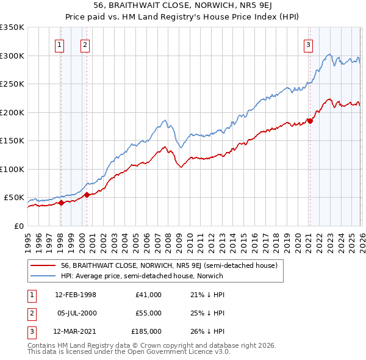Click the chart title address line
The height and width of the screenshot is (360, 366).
(182, 5)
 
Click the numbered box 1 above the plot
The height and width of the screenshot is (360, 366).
(60, 44)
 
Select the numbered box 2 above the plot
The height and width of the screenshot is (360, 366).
(85, 44)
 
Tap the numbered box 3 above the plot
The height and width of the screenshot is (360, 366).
(309, 44)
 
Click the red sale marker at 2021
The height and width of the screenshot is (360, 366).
(310, 121)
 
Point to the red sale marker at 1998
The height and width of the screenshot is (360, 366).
(61, 203)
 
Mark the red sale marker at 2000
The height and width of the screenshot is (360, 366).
(87, 195)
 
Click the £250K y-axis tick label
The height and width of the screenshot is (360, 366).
(12, 84)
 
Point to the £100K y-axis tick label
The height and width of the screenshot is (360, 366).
(12, 169)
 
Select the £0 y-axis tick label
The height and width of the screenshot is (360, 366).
(18, 226)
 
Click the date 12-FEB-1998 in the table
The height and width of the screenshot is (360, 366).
(76, 295)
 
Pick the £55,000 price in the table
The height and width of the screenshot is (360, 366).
(148, 313)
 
